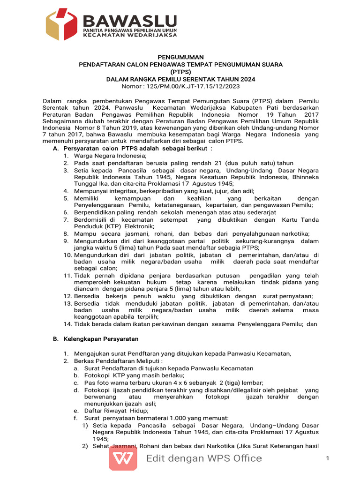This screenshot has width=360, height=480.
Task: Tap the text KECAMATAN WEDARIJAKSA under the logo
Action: pyautogui.click(x=130, y=35)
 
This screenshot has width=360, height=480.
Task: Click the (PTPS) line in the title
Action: pyautogui.click(x=180, y=72)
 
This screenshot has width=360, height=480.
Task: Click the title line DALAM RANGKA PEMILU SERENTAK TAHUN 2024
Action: pyautogui.click(x=180, y=79)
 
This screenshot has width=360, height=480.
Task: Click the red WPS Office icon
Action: pyautogui.click(x=123, y=458)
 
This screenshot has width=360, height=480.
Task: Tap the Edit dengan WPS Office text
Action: pyautogui.click(x=204, y=458)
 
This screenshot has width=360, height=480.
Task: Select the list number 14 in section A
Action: pyautogui.click(x=67, y=324)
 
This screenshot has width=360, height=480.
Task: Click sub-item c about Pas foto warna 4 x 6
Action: pyautogui.click(x=173, y=382)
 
